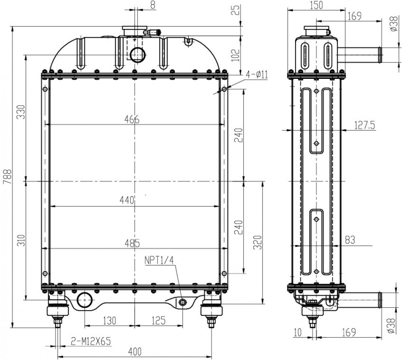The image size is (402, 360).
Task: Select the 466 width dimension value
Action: (132, 119)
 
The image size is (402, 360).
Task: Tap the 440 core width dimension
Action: (127, 200)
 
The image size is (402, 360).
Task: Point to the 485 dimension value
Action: (132, 243)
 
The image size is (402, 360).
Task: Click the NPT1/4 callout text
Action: (159, 260)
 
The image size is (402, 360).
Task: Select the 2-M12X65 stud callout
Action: (90, 341)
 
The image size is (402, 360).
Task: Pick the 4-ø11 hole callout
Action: (256, 75)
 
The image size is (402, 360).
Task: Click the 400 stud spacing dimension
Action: (134, 352)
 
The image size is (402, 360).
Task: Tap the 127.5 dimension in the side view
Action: (365, 125)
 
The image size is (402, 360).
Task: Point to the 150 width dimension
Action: (316, 5)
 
